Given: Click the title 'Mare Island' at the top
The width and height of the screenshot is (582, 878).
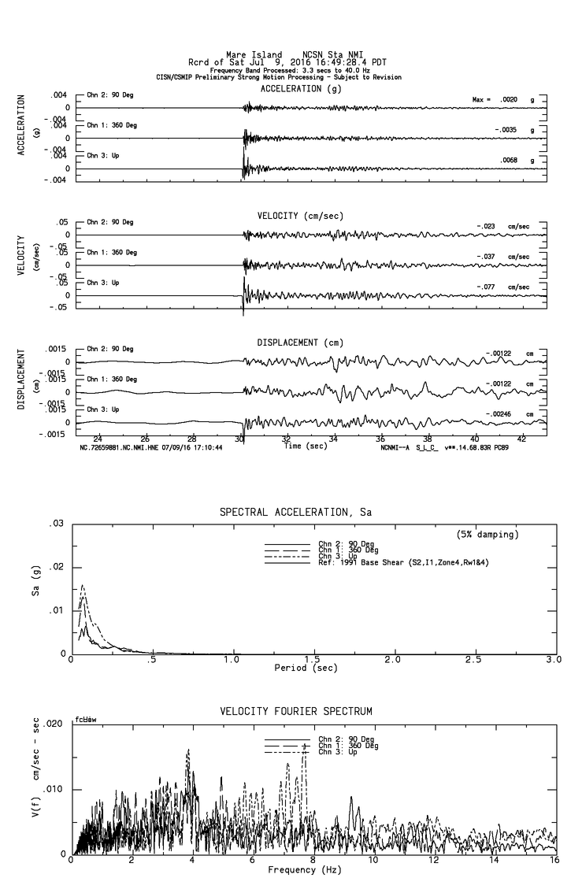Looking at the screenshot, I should [254, 55].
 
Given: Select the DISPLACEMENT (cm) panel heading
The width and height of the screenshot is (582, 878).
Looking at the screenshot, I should [300, 343].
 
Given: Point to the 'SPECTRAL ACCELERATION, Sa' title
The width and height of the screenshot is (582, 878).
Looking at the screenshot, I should [295, 513].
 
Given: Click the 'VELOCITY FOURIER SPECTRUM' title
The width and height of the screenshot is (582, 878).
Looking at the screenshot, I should [295, 712].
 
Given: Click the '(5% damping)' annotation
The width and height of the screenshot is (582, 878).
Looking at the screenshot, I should [487, 535].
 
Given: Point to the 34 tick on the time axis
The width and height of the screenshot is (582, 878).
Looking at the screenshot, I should [334, 439].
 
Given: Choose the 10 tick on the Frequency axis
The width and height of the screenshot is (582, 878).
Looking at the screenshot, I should [374, 860].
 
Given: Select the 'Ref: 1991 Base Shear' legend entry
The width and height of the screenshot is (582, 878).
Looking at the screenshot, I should [385, 562].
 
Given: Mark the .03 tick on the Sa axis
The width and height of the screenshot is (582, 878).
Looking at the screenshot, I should [57, 524].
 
